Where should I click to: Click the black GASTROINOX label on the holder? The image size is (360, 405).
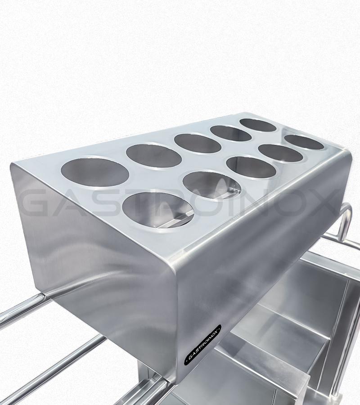coord(203,344)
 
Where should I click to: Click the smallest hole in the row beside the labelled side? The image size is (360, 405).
coord(305,142)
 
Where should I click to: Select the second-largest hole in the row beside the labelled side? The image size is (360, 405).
coord(211,185)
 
